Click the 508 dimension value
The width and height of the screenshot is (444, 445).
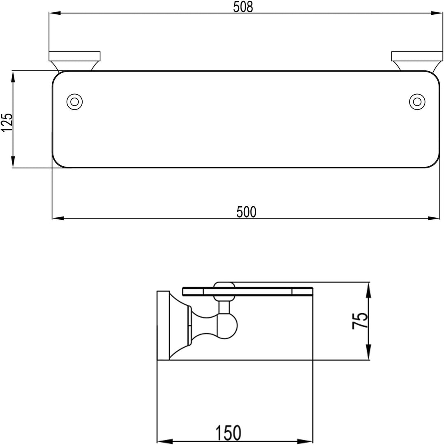(243, 7)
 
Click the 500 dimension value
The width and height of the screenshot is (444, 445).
(246, 212)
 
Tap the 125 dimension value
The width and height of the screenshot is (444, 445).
(7, 122)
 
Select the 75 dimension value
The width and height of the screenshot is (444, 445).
(360, 321)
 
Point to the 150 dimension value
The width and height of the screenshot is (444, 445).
(229, 433)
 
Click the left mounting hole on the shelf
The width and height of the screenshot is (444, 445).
(74, 101)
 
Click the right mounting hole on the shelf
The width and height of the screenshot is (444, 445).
(417, 101)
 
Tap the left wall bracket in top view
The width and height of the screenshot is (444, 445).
(74, 61)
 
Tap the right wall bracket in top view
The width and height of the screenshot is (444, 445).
(417, 61)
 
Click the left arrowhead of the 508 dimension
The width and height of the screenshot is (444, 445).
(55, 13)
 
